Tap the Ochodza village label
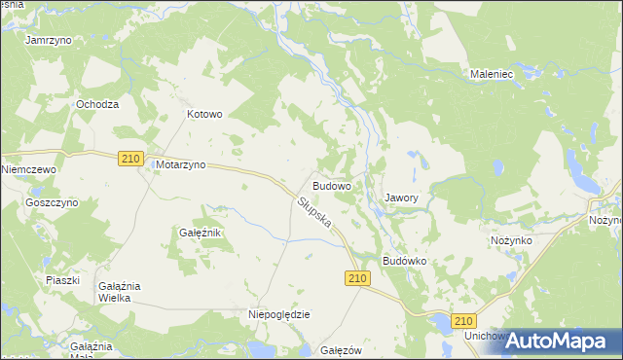tap(98, 104)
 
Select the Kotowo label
tap(204, 114)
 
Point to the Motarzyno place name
tap(180, 165)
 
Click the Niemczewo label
tap(30, 169)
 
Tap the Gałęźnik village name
tap(202, 234)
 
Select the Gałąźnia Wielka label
tap(121, 292)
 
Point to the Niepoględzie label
tap(279, 314)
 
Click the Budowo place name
tap(332, 185)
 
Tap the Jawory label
tap(401, 198)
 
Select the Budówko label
tap(406, 262)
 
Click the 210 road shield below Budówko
tap(357, 279)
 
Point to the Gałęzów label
tap(341, 350)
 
